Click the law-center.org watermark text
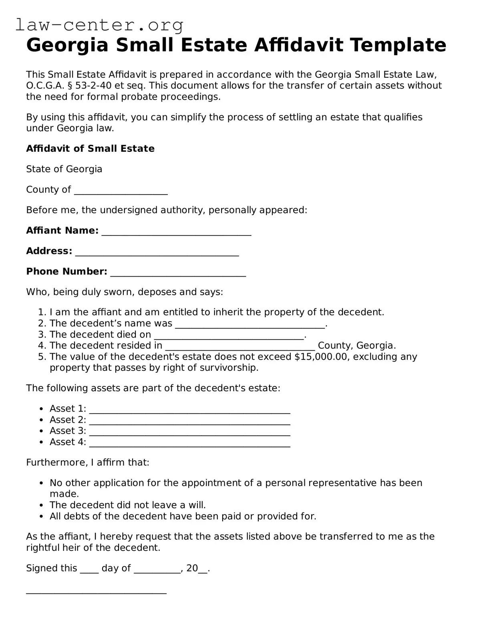[x=99, y=25]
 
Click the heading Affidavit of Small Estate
[x=90, y=149]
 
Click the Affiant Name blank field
[x=176, y=232]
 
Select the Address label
[x=49, y=251]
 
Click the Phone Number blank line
[x=178, y=273]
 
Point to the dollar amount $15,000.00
[x=321, y=357]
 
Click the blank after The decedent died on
[x=229, y=336]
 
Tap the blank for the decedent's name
[x=250, y=325]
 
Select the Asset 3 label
[x=68, y=431]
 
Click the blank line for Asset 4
[x=189, y=443]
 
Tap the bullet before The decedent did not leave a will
[x=42, y=505]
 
